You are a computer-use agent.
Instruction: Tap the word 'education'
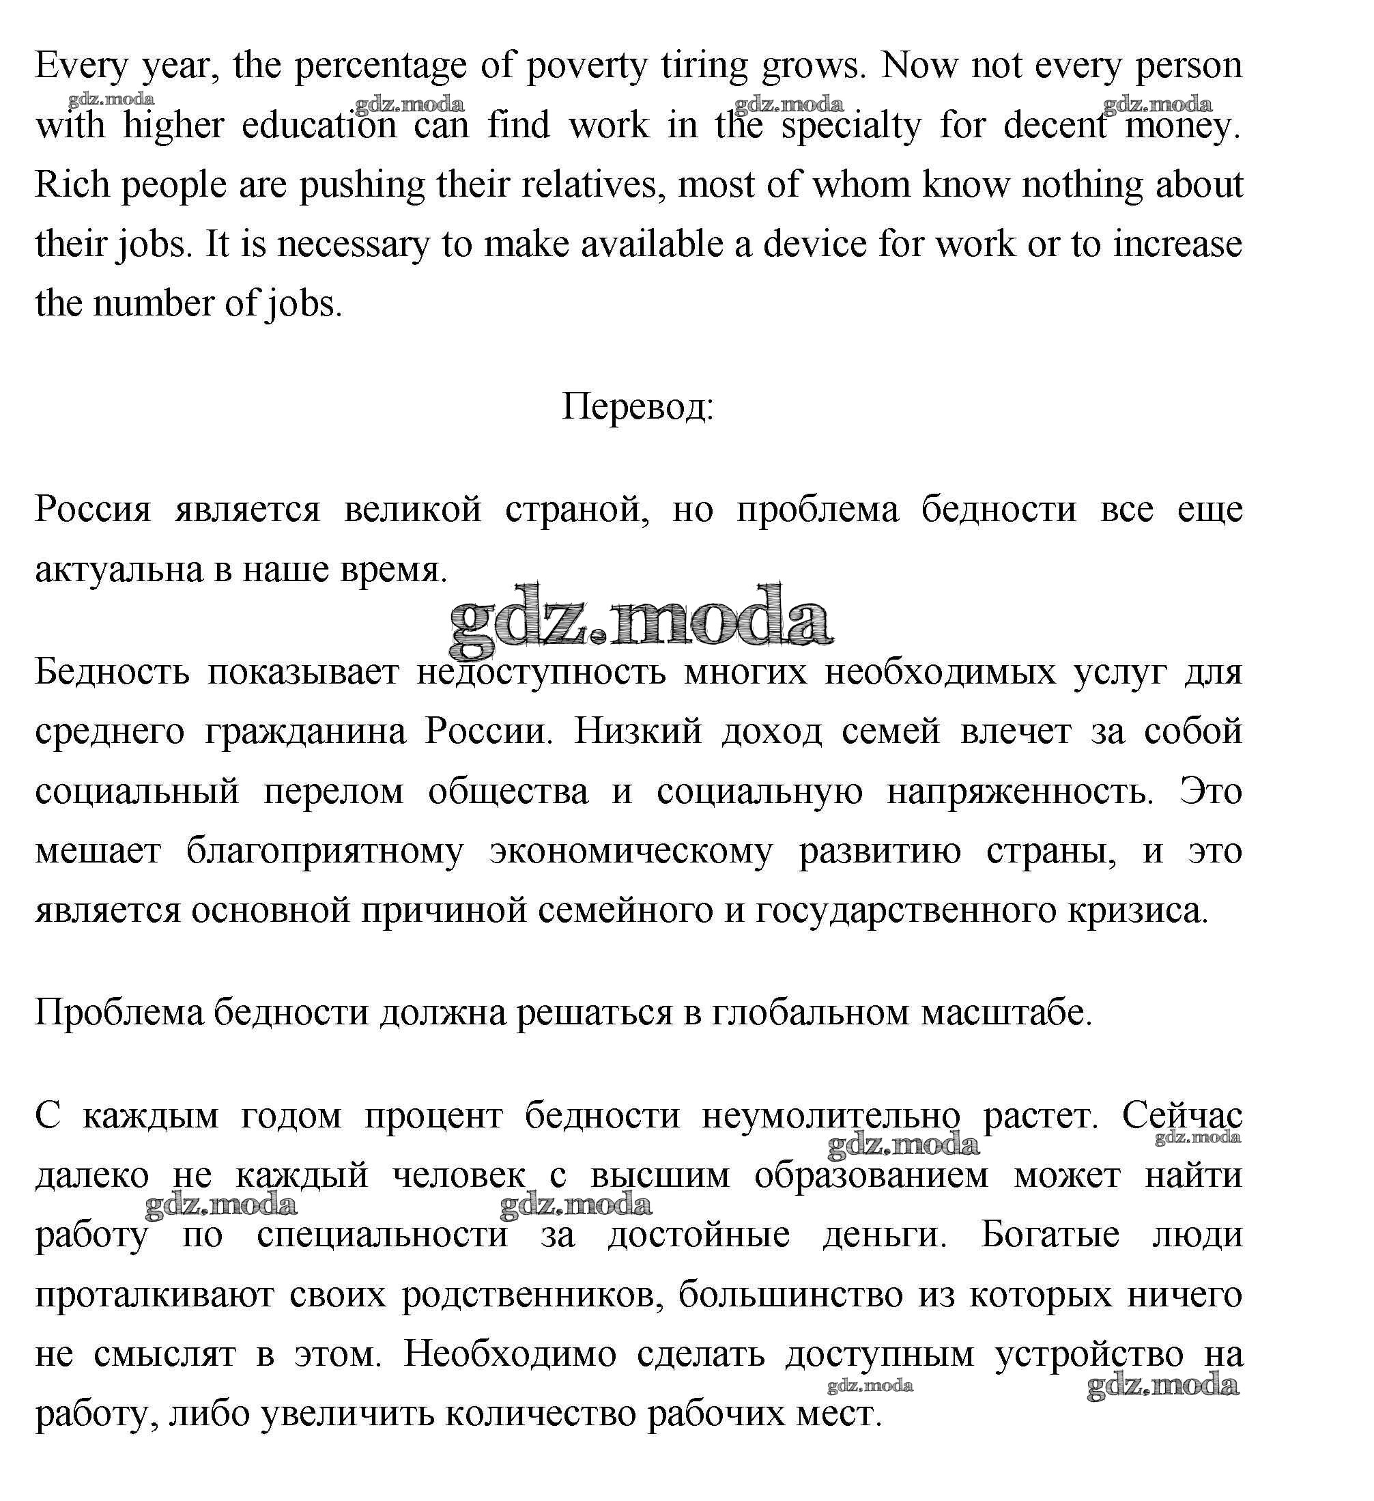tap(319, 126)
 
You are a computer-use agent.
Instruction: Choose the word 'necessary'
tap(353, 244)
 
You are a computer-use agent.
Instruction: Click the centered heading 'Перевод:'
tap(637, 407)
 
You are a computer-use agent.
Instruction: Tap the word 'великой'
tap(413, 510)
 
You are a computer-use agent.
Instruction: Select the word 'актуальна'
tap(119, 570)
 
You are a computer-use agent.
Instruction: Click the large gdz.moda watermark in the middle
tap(640, 621)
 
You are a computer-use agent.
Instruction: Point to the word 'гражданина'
tap(305, 731)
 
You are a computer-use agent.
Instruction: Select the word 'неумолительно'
tap(831, 1115)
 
